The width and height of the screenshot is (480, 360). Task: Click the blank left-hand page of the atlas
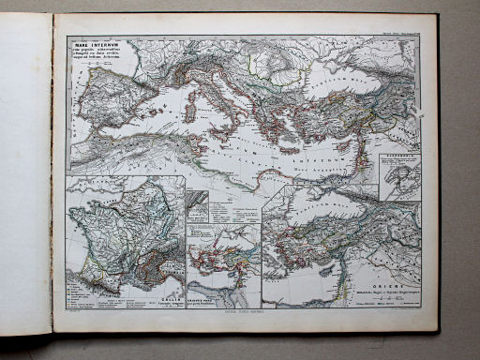[x=25, y=178]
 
